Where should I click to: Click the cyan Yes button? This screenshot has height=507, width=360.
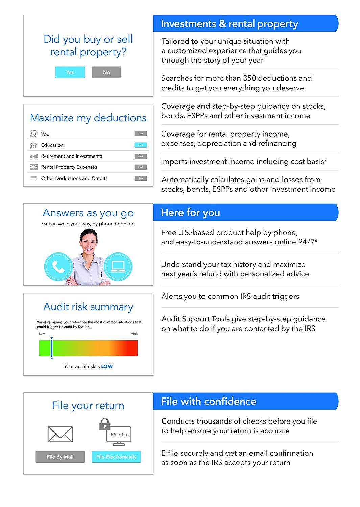tap(70, 72)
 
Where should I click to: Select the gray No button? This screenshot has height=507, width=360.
tap(106, 72)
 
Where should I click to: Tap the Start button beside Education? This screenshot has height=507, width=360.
tap(141, 145)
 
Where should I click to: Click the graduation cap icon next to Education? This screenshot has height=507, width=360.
tap(33, 145)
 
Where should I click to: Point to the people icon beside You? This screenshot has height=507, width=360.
tap(33, 134)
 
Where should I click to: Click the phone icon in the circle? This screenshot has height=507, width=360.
tap(58, 267)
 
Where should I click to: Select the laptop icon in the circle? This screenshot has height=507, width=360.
tap(118, 267)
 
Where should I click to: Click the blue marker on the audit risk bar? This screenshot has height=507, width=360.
tap(51, 348)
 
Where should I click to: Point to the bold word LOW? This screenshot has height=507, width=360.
tap(107, 366)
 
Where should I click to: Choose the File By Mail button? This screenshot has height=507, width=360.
tap(60, 457)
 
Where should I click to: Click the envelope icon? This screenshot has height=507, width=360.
tap(60, 434)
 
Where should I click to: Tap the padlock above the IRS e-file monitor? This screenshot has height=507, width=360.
tap(105, 424)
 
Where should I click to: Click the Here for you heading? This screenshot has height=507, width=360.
tap(190, 213)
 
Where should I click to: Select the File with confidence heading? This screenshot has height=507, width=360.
tap(208, 401)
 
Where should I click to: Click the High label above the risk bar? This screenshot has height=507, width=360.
tap(134, 334)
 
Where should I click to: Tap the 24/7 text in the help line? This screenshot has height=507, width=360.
tap(305, 242)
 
